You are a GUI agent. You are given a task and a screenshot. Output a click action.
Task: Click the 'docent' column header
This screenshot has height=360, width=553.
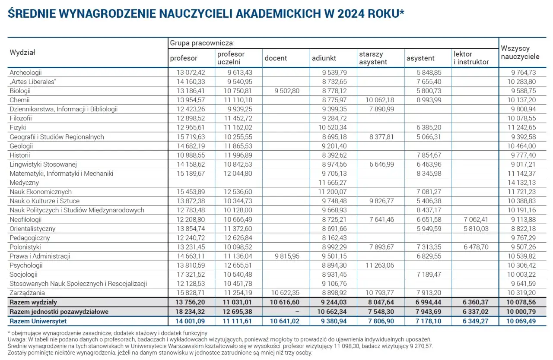coord(276,58)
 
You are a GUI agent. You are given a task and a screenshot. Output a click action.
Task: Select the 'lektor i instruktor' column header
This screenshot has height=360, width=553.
coord(471,58)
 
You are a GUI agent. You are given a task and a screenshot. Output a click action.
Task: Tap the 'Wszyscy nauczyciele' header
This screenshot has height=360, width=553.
coord(520,52)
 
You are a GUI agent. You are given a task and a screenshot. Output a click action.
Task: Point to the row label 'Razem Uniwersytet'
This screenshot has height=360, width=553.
coord(38,321)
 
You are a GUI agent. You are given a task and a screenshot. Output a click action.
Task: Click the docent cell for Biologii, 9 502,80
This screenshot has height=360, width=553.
coord(284,91)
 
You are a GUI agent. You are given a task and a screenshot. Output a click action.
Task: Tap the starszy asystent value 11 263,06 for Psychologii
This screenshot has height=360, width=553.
coord(378,265)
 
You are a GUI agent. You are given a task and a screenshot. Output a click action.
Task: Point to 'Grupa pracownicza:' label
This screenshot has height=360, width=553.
coord(202,43)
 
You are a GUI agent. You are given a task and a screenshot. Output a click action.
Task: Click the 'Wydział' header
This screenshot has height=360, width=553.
coord(22,53)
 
